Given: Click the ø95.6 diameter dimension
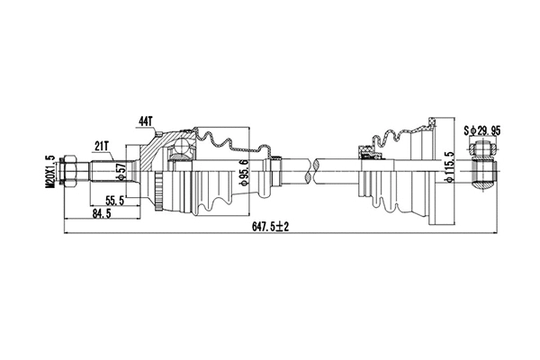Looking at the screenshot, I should [244, 168].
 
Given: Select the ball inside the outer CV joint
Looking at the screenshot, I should [183, 147].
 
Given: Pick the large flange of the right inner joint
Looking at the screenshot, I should [438, 171].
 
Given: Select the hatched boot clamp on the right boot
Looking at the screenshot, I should [368, 152].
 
